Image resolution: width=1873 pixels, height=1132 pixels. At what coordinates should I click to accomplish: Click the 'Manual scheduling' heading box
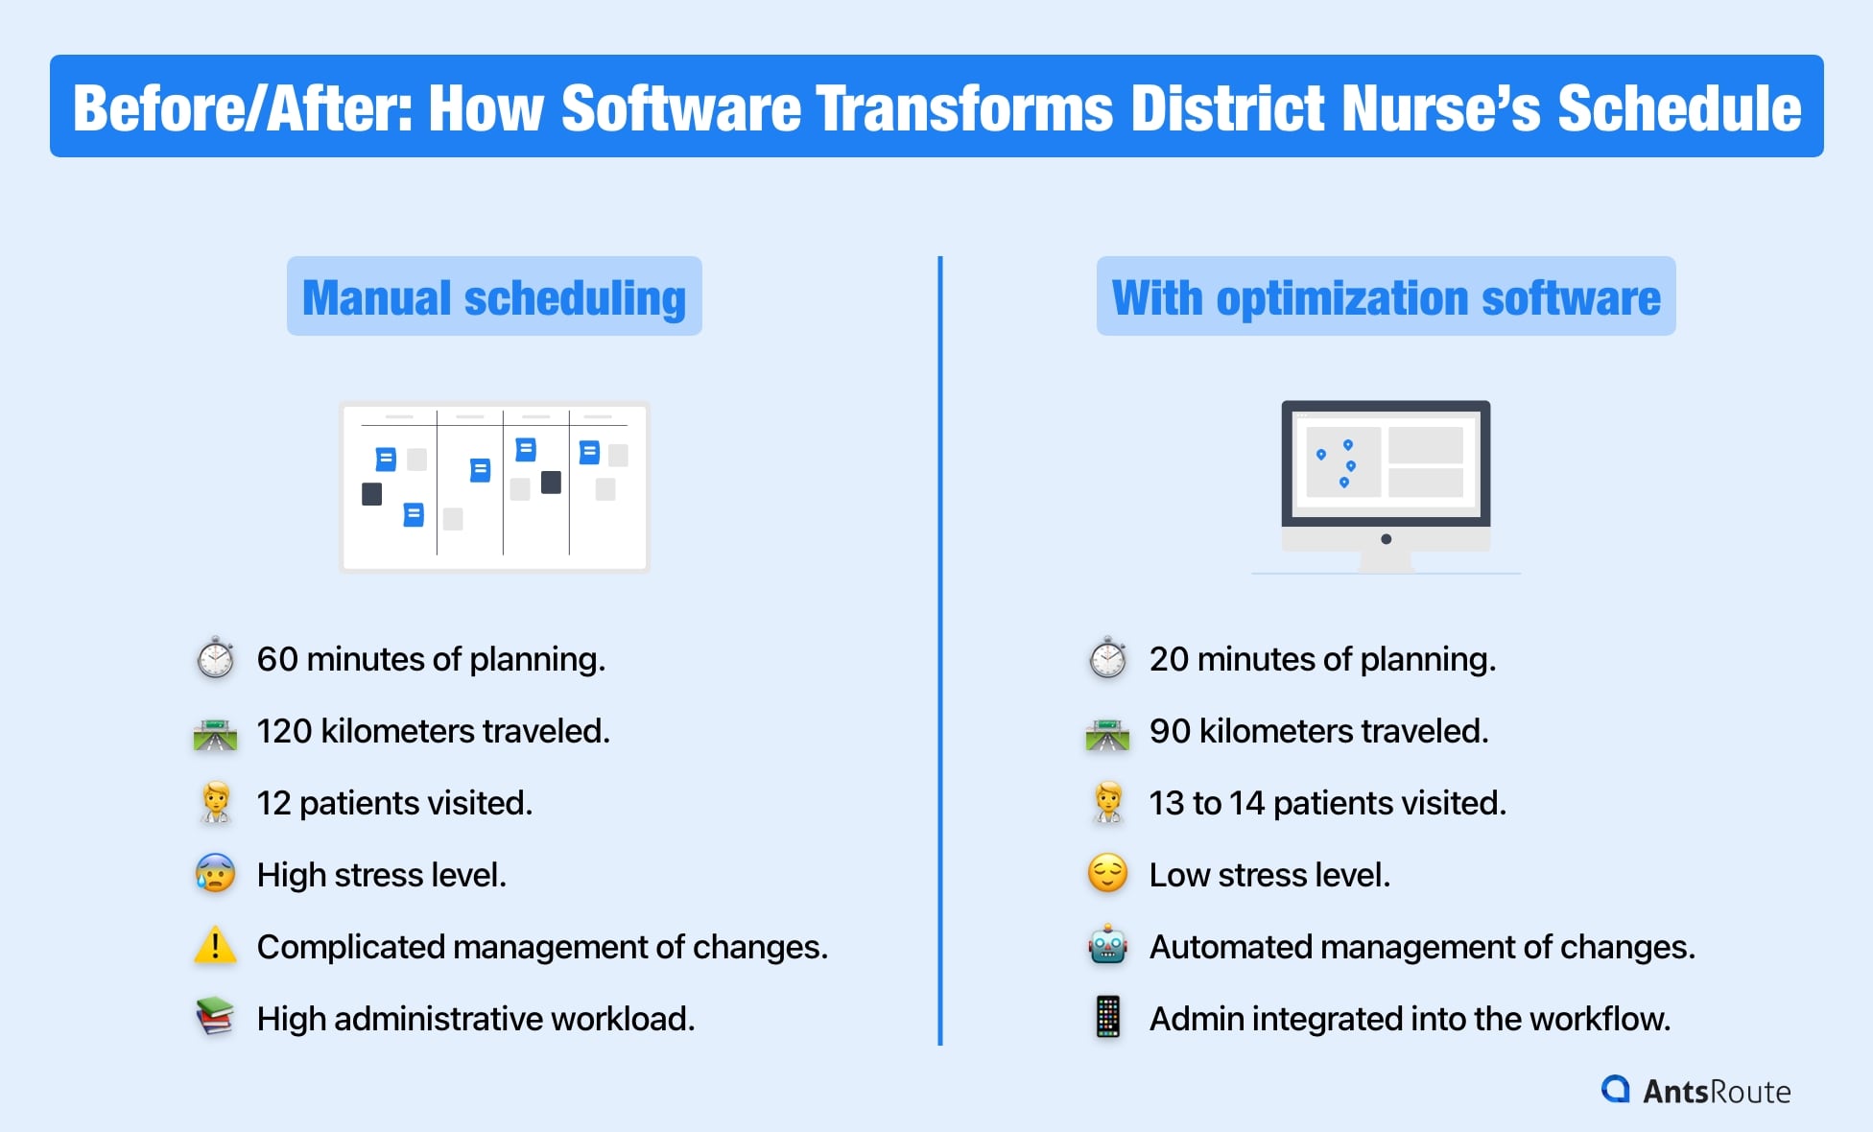coord(494,296)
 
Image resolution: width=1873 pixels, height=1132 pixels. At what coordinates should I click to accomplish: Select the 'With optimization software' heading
coord(1386,296)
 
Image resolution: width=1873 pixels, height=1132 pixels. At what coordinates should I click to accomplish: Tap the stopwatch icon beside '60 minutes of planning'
coord(216,659)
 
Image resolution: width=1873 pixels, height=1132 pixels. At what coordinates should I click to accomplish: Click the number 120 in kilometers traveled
coord(284,731)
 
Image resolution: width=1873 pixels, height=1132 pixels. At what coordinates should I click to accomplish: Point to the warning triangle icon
coord(215,946)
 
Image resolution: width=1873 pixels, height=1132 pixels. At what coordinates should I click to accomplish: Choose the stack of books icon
coord(215,1017)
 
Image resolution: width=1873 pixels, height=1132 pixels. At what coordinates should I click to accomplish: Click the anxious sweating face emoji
coord(215,874)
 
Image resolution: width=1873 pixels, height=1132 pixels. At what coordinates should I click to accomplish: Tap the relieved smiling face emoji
coord(1107,874)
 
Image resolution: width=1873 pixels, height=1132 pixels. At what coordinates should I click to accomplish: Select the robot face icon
coord(1107,946)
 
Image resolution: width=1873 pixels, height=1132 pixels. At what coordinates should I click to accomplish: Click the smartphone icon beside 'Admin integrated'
coord(1107,1017)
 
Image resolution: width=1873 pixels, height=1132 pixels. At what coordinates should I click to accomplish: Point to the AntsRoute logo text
coord(1716,1092)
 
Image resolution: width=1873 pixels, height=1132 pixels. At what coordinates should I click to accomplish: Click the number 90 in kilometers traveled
coord(1170,731)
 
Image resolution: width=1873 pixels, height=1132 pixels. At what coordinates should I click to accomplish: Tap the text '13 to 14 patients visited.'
coord(1327,803)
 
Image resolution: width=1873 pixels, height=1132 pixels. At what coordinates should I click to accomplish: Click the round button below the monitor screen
coord(1386,539)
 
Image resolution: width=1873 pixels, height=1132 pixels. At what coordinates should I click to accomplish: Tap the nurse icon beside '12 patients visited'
coord(215,803)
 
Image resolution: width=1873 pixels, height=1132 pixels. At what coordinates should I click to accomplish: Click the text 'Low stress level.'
coord(1268,875)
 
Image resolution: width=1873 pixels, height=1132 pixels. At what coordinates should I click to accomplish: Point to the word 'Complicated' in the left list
coord(350,947)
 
